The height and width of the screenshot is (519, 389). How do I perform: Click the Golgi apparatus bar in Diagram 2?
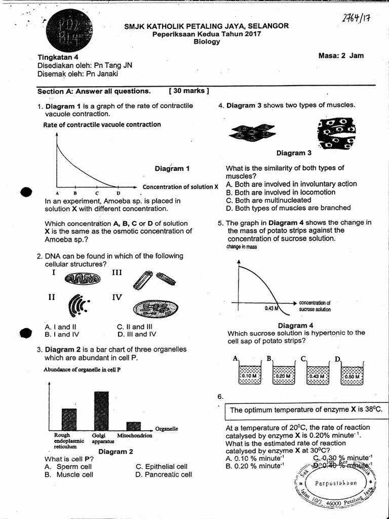tap(101, 410)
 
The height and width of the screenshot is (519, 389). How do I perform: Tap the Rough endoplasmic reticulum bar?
tap(69, 419)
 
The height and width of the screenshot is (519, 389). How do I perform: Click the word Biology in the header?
tap(207, 42)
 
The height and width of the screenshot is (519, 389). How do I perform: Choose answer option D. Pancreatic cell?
tap(164, 475)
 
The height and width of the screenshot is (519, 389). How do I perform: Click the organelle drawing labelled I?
tap(83, 278)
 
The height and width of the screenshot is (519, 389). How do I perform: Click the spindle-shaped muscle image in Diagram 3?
tap(253, 133)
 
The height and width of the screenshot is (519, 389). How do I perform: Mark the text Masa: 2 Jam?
tap(341, 56)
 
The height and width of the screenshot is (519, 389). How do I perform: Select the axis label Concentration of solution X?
tap(180, 187)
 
